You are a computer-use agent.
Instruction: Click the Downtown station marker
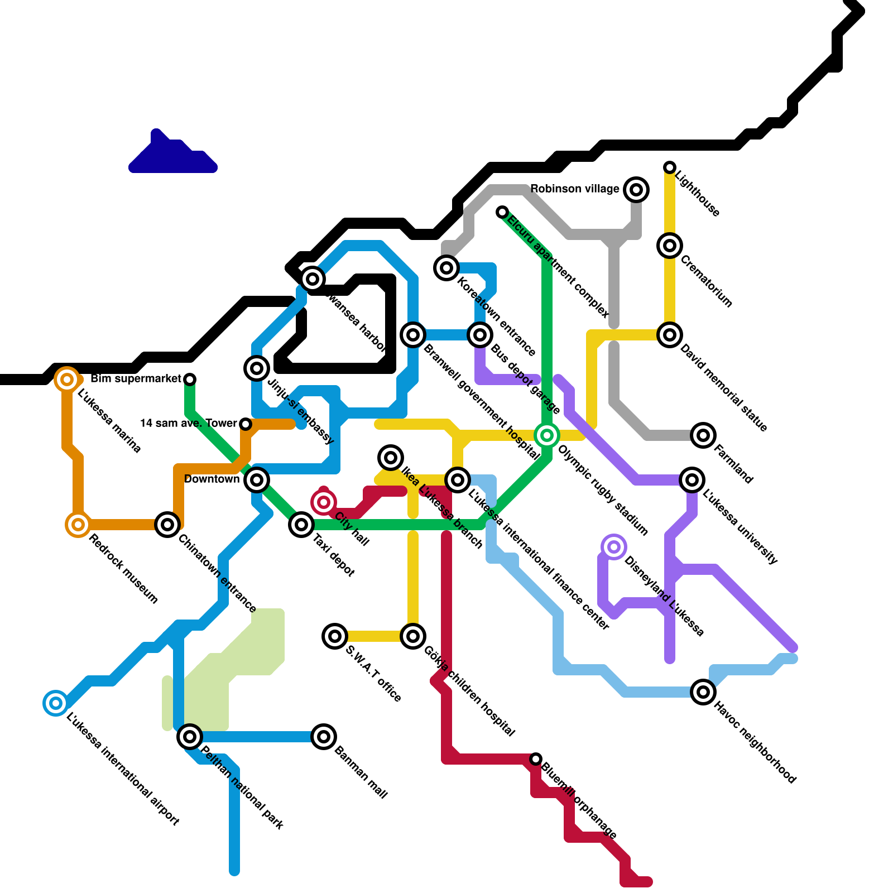pyautogui.click(x=257, y=479)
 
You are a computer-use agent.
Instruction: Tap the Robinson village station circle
pyautogui.click(x=636, y=190)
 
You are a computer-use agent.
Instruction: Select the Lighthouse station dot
pyautogui.click(x=670, y=167)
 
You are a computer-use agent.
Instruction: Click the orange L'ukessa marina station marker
pyautogui.click(x=67, y=380)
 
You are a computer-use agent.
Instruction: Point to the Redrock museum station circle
pyautogui.click(x=78, y=525)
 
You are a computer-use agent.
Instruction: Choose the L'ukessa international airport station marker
pyautogui.click(x=56, y=703)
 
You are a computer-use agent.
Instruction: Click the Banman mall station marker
pyautogui.click(x=324, y=737)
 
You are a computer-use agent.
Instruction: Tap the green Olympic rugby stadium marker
pyautogui.click(x=547, y=435)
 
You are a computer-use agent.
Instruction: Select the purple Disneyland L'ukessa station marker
pyautogui.click(x=614, y=547)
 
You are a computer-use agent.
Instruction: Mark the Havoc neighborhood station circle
pyautogui.click(x=703, y=692)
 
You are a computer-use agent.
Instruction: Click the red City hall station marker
pyautogui.click(x=324, y=502)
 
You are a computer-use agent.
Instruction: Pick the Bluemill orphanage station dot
pyautogui.click(x=536, y=759)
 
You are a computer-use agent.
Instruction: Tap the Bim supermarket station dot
pyautogui.click(x=190, y=380)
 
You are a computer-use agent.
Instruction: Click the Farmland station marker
pyautogui.click(x=703, y=435)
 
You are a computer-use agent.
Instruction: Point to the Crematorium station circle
pyautogui.click(x=670, y=246)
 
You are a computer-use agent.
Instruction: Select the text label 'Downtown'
pyautogui.click(x=212, y=479)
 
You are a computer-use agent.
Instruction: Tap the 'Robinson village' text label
pyautogui.click(x=574, y=189)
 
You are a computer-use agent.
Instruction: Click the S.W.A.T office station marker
pyautogui.click(x=335, y=636)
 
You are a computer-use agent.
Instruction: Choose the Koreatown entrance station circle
pyautogui.click(x=446, y=268)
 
